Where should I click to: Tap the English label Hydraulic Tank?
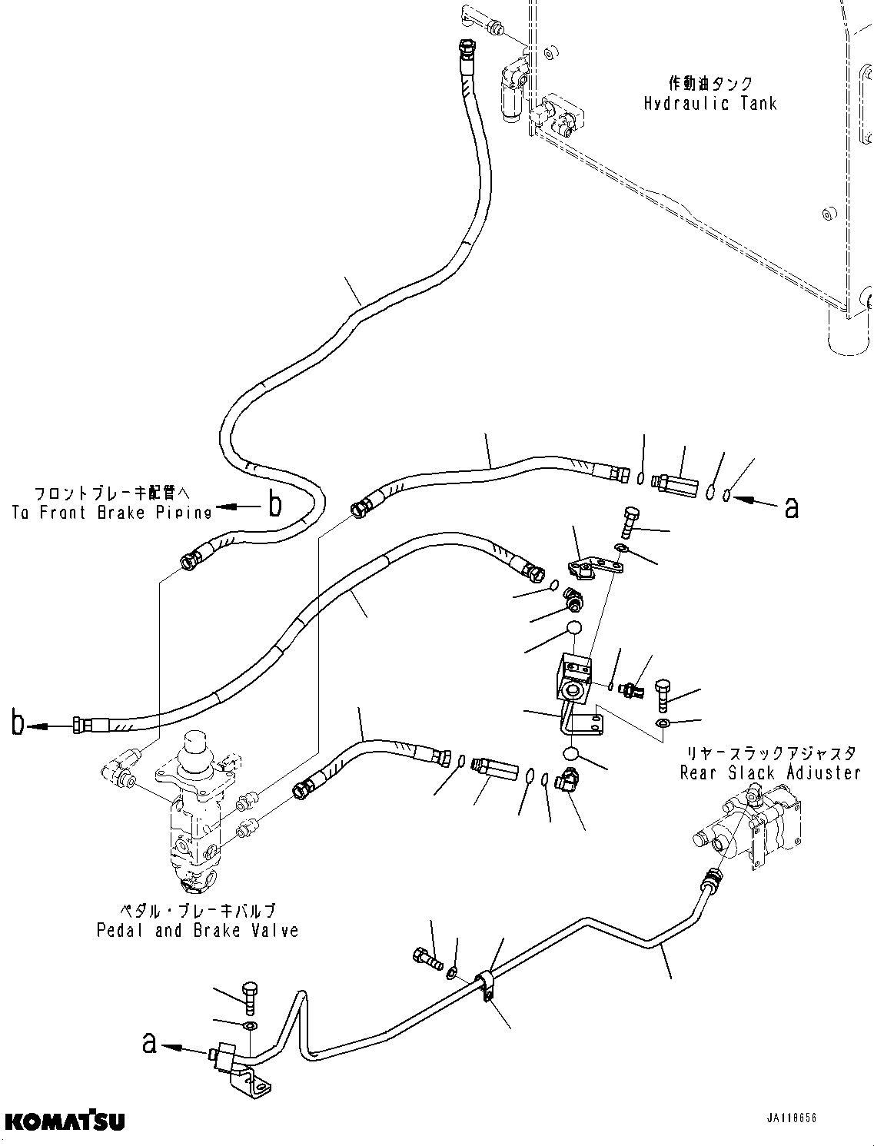(710, 104)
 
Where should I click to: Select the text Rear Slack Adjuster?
(769, 772)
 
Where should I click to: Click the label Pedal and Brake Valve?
(198, 931)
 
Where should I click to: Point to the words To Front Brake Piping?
(111, 513)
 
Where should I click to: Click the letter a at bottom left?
(151, 1043)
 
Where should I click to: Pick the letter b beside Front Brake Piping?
(274, 505)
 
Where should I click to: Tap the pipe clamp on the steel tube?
(484, 987)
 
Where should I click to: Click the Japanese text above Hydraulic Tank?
(710, 83)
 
